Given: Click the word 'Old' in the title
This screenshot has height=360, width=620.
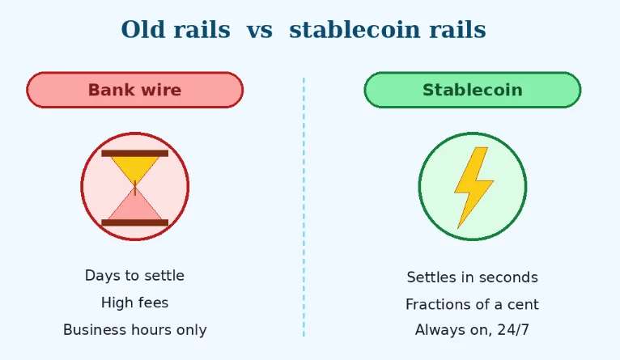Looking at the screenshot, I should click(142, 30).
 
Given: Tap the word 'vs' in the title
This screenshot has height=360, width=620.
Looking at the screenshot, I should click(259, 30).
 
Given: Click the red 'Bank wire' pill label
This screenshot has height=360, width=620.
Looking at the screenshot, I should click(134, 90).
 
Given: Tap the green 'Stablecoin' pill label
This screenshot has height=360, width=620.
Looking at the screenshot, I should click(472, 90).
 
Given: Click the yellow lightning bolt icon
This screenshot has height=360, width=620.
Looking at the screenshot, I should click(473, 186).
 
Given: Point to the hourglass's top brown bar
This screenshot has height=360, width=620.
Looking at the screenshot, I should click(134, 153).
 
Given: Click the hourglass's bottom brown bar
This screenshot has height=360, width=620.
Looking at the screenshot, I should click(134, 222).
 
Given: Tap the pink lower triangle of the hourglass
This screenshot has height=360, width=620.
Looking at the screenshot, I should click(134, 208).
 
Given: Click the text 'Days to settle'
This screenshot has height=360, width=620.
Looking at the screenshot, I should click(134, 276).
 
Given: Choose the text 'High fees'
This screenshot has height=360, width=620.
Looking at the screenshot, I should click(134, 303).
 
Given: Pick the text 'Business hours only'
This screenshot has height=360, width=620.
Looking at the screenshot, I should click(134, 330).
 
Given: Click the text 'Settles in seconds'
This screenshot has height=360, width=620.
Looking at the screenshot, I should click(472, 277).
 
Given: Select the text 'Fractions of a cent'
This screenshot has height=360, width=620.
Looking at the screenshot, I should click(472, 305).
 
